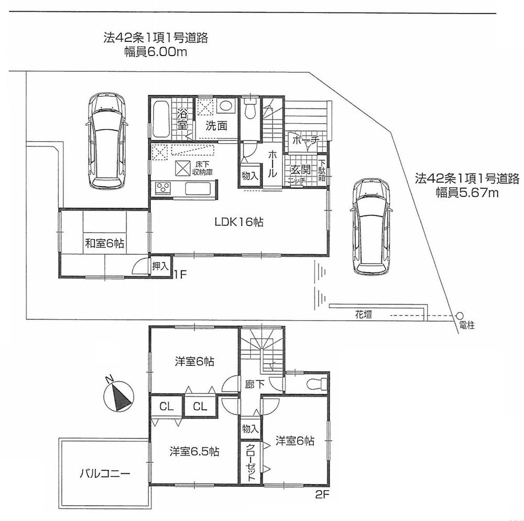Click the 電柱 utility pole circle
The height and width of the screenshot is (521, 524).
[x=460, y=316]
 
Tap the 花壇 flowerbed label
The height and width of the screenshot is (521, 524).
[x=363, y=314]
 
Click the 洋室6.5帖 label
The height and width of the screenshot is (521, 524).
[x=194, y=451]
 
